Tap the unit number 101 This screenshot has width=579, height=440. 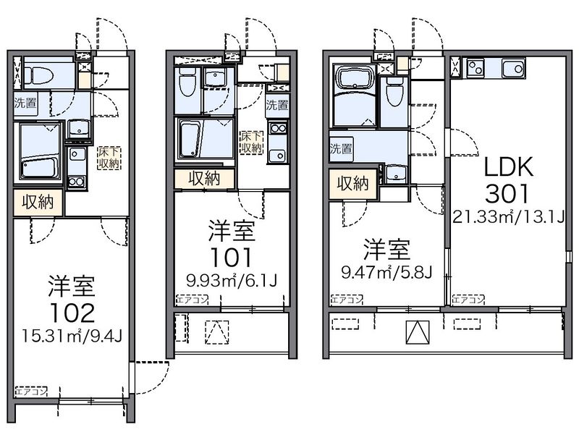point(231,258)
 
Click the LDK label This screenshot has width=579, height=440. point(508,167)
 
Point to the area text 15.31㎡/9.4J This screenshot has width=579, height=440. point(71,337)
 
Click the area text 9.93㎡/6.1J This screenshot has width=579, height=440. point(231,280)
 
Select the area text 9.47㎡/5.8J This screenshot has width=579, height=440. point(386,273)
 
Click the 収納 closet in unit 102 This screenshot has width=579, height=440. point(35,202)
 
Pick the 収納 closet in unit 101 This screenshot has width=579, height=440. point(205,178)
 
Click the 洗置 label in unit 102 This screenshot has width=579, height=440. point(25,103)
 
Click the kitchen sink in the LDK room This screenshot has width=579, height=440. point(512,69)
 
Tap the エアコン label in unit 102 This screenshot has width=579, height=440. point(30,392)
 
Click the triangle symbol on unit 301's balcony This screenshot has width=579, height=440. point(416,333)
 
